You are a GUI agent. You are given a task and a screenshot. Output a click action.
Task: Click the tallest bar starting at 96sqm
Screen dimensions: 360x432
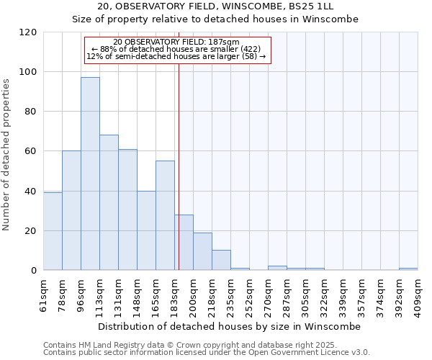pyautogui.click(x=90, y=174)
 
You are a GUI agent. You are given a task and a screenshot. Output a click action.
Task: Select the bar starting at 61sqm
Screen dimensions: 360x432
pyautogui.click(x=53, y=231)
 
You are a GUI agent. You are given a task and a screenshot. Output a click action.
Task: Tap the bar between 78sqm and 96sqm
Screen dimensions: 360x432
pyautogui.click(x=71, y=210)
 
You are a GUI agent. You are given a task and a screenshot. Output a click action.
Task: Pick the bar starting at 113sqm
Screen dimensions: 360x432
pyautogui.click(x=109, y=202)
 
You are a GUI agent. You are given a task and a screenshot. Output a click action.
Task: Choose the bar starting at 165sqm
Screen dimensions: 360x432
pyautogui.click(x=165, y=215)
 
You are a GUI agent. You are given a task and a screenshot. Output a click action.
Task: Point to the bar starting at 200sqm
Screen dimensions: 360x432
pyautogui.click(x=202, y=251)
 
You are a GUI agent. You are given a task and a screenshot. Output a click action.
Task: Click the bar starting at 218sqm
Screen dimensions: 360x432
pyautogui.click(x=221, y=260)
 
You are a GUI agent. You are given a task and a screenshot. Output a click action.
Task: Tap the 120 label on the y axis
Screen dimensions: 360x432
pyautogui.click(x=29, y=32)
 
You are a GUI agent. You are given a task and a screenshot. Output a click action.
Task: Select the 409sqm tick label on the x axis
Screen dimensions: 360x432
pyautogui.click(x=418, y=293)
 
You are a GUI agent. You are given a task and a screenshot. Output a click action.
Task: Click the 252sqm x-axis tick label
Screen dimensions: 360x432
pyautogui.click(x=249, y=293)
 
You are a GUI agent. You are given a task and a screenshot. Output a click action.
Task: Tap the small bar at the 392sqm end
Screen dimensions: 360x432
pyautogui.click(x=408, y=269)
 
